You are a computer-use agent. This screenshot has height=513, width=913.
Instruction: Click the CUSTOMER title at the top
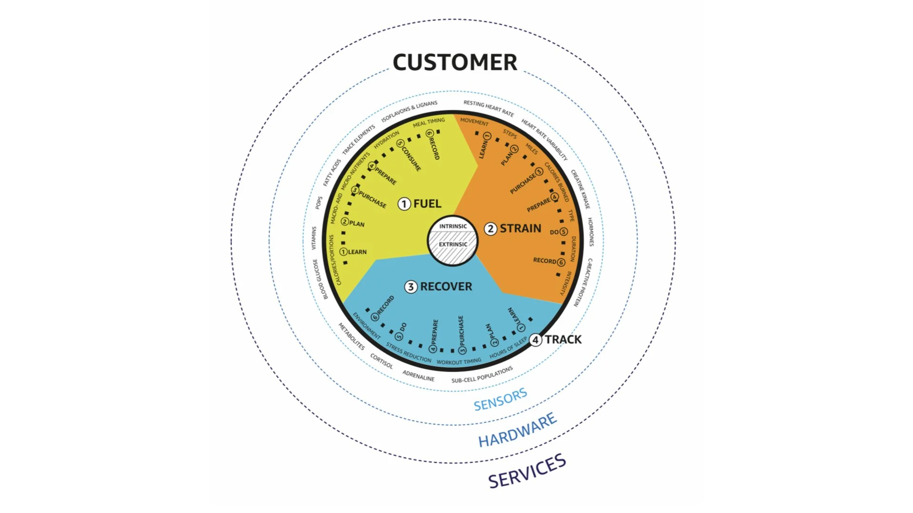click(455, 62)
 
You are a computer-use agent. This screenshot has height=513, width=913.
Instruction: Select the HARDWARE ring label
click(517, 430)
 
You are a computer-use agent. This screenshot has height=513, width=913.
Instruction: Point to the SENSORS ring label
click(500, 399)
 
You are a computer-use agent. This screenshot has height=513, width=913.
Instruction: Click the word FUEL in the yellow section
click(427, 204)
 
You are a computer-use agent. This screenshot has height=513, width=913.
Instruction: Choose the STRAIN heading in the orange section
click(520, 228)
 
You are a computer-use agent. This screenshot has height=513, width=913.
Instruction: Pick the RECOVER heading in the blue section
click(446, 286)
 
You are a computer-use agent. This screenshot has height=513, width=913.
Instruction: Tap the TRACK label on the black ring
click(563, 340)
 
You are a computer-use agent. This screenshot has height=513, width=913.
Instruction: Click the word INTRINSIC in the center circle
click(453, 226)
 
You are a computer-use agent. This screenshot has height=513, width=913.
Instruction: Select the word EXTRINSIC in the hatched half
click(453, 244)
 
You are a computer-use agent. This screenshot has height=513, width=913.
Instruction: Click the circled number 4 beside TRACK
click(535, 340)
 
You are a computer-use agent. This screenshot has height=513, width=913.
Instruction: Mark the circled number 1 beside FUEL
click(404, 204)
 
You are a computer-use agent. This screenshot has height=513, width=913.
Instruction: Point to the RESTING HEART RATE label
click(488, 108)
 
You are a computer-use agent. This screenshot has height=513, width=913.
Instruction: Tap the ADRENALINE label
click(418, 376)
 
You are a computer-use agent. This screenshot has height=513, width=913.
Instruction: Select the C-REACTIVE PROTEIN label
click(583, 282)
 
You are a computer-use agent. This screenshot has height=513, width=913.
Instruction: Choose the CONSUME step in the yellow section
click(411, 158)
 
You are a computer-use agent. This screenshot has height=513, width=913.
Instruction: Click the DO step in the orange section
click(554, 232)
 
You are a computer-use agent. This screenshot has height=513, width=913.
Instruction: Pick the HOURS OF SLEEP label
click(508, 348)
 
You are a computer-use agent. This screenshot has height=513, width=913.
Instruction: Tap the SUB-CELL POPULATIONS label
click(482, 375)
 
